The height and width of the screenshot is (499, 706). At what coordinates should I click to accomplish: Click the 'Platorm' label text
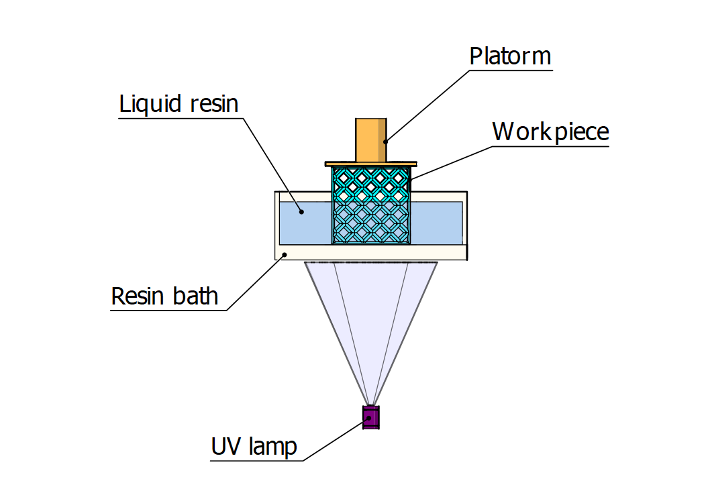click(x=510, y=56)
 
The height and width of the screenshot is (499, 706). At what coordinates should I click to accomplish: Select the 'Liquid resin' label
click(x=179, y=104)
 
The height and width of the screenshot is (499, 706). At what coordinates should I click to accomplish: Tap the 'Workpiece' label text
click(x=550, y=131)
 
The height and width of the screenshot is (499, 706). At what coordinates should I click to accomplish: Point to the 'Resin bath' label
click(x=164, y=296)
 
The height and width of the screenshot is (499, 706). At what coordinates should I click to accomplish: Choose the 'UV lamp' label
click(x=254, y=447)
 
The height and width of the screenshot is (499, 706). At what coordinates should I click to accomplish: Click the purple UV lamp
click(x=371, y=417)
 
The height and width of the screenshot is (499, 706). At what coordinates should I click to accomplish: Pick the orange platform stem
click(x=370, y=140)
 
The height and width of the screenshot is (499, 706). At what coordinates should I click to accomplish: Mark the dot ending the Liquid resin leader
click(x=301, y=212)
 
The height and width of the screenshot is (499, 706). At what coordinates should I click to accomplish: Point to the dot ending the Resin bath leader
click(x=285, y=254)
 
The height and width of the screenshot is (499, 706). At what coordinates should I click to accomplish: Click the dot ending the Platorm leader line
click(x=386, y=142)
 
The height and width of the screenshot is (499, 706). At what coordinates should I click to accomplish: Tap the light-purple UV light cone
click(x=371, y=315)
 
